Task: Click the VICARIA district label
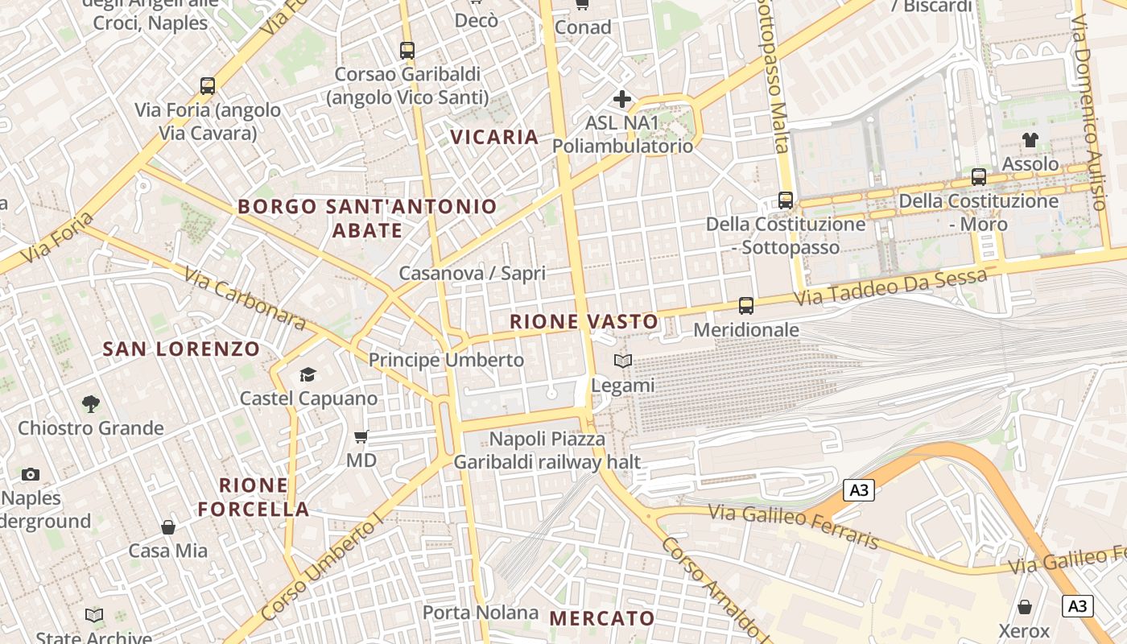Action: [494, 137]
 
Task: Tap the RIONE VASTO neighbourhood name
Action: [584, 322]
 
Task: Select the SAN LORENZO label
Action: [182, 349]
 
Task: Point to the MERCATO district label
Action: [602, 618]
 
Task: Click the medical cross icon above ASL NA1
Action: [622, 99]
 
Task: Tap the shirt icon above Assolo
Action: [1030, 140]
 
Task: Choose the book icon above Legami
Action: [623, 361]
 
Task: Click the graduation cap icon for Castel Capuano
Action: [308, 374]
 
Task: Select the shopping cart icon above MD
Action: [361, 436]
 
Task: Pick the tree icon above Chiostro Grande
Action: [91, 403]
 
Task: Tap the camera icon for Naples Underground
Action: [31, 474]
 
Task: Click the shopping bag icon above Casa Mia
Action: [168, 527]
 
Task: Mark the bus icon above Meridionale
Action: [746, 306]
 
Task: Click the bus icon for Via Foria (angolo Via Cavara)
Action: [208, 86]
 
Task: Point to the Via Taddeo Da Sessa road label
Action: [890, 287]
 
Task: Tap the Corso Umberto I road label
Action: [321, 568]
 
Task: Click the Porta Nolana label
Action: [481, 613]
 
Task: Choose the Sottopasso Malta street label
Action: [772, 76]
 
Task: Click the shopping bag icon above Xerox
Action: [1025, 606]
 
